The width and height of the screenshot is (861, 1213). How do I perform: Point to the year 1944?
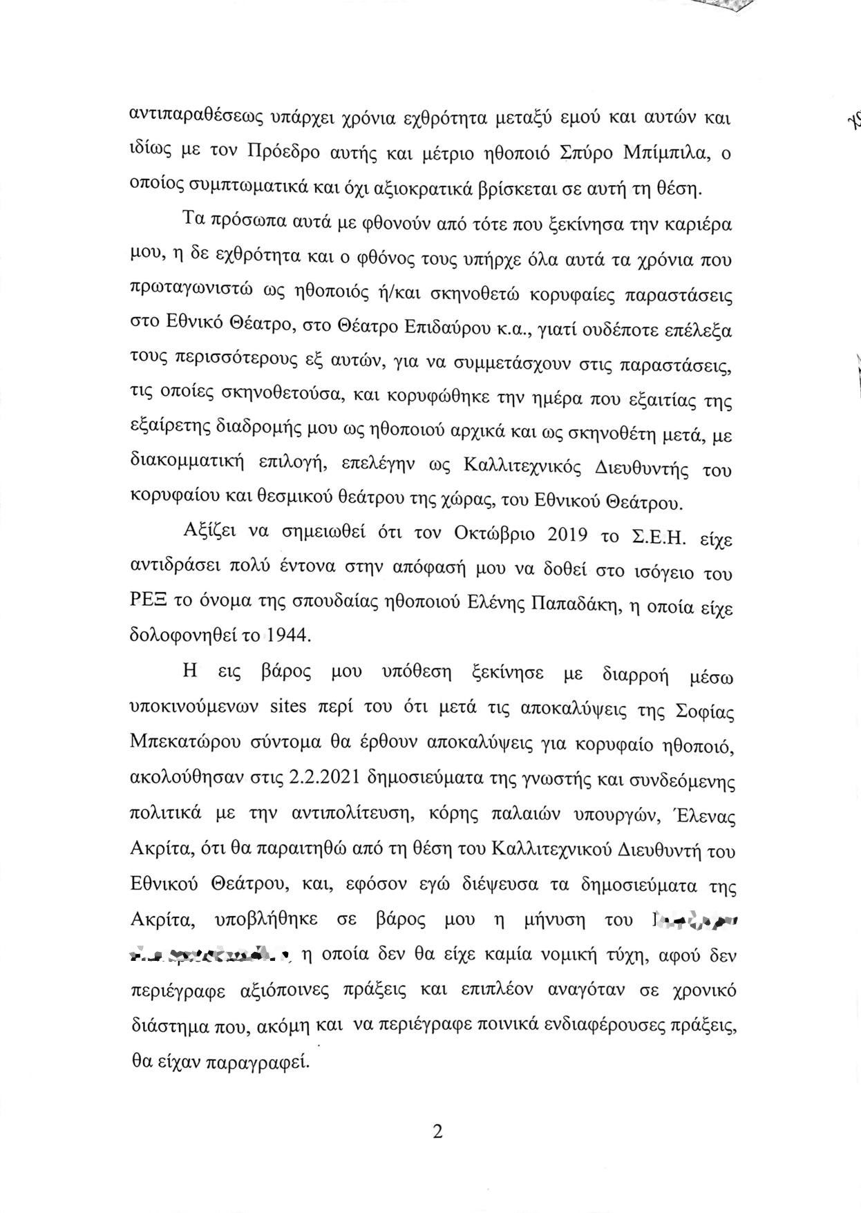pos(284,635)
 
